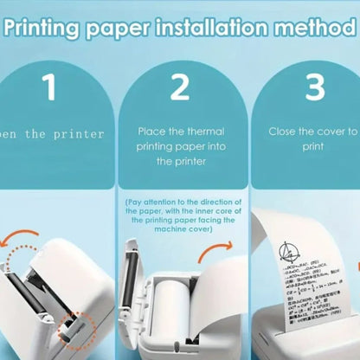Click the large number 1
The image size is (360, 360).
point(49,89)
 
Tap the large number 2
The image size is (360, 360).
point(180,88)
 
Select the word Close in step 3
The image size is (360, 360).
point(287,131)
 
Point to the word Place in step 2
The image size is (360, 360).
point(154,131)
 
